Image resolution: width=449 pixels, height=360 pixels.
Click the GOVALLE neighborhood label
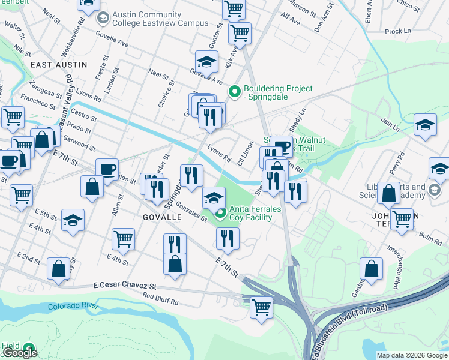point(162,217)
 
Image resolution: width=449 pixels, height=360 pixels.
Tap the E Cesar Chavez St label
point(125,286)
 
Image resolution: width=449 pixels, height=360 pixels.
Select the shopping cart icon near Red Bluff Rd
point(261,307)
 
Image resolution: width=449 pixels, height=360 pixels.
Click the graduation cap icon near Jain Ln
point(425,125)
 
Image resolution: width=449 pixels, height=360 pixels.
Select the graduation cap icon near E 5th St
point(73,220)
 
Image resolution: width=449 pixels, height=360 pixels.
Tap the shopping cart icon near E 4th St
point(123,238)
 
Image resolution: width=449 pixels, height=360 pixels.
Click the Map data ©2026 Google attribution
point(412,355)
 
